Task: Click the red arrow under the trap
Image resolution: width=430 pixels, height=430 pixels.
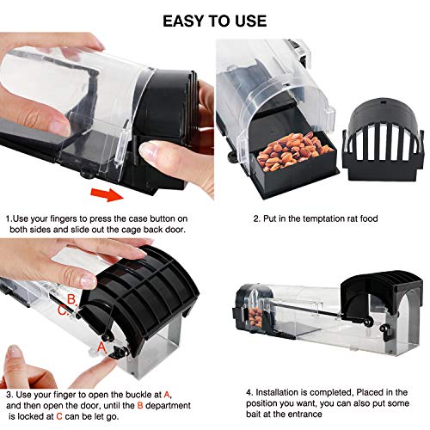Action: [107, 194]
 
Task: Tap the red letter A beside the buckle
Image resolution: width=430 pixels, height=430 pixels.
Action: [101, 347]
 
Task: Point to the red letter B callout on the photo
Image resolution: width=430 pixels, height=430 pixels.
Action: [71, 299]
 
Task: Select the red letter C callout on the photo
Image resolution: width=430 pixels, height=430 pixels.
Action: [62, 310]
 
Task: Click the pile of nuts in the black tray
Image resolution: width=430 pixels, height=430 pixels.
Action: [294, 151]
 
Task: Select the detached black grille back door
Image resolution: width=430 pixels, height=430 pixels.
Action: [383, 140]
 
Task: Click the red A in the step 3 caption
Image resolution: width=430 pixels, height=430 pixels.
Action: [167, 395]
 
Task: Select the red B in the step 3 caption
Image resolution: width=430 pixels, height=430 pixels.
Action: [140, 406]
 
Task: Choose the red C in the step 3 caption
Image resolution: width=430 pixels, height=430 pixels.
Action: [59, 416]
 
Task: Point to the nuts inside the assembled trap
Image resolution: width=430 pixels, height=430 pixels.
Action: [255, 317]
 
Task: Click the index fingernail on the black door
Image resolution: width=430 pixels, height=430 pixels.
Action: [88, 280]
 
